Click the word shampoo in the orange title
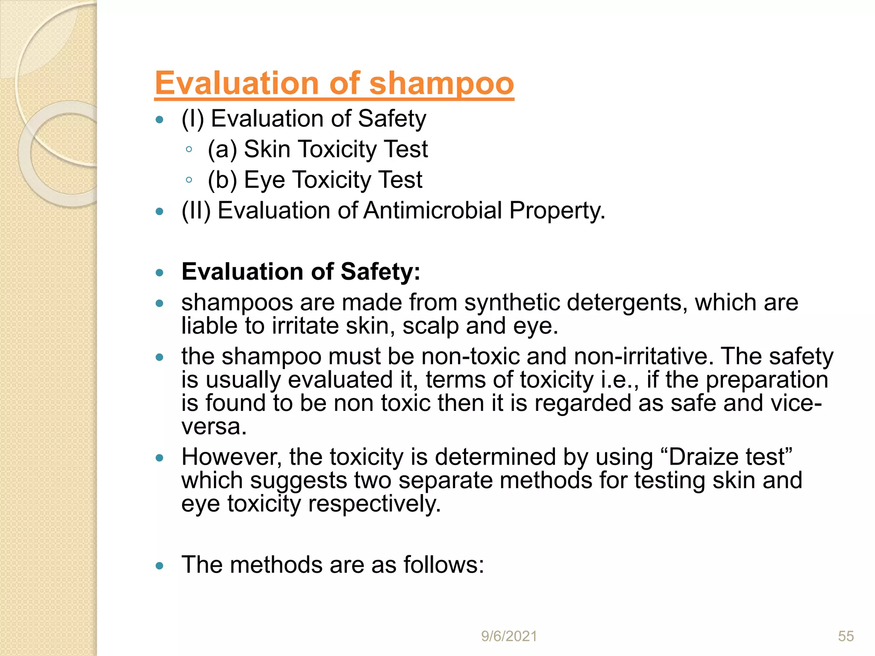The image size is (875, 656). [441, 83]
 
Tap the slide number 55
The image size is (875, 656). [846, 636]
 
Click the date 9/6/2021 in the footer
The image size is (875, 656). [509, 636]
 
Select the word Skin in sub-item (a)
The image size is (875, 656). [267, 149]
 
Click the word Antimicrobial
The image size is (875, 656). [433, 211]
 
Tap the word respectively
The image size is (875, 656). [374, 504]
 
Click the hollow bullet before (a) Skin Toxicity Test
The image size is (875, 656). [189, 149]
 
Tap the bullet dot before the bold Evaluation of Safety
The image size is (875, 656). [160, 272]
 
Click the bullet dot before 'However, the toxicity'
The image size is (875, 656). [160, 458]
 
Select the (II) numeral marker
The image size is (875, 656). [196, 211]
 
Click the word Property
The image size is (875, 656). [557, 211]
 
